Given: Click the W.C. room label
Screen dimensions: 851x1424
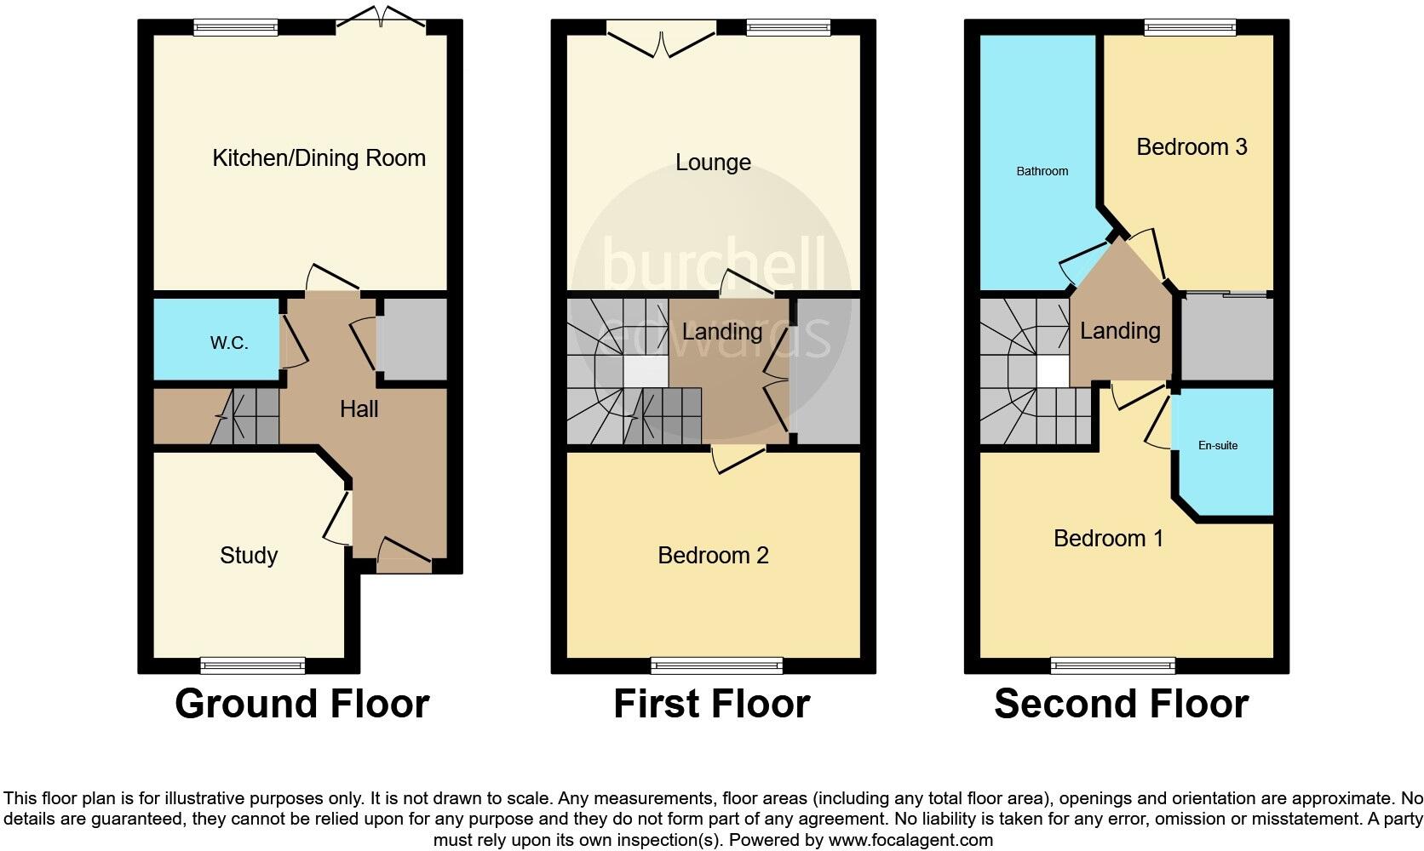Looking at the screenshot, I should click(229, 343).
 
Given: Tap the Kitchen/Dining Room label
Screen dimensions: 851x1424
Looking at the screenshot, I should click(319, 158).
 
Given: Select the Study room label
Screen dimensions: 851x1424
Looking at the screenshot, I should click(249, 556).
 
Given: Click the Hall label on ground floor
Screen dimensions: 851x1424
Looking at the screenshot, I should click(359, 409).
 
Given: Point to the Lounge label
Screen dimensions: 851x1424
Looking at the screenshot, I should click(713, 163).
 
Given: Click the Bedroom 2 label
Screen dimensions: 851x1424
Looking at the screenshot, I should click(713, 556).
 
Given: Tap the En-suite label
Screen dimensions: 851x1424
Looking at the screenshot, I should click(1218, 445).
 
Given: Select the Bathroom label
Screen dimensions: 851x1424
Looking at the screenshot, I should click(1042, 171).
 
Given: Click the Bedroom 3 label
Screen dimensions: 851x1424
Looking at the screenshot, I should click(1191, 147).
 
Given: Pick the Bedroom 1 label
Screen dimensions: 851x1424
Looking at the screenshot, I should click(1108, 539).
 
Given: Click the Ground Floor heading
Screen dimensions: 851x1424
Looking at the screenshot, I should click(301, 705).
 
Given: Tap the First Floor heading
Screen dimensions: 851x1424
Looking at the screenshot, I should click(711, 705).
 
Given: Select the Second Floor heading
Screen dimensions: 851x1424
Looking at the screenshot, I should click(1121, 705).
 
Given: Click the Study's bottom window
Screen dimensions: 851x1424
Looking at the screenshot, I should click(253, 665).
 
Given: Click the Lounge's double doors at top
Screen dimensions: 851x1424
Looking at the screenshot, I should click(662, 38).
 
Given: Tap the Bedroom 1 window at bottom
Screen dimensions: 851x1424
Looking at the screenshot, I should click(1112, 665).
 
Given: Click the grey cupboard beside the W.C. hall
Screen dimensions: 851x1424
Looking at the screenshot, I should click(413, 339).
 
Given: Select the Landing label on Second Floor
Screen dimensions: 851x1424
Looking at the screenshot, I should click(1120, 331).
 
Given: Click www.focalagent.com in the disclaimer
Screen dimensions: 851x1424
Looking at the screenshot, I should click(910, 841).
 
